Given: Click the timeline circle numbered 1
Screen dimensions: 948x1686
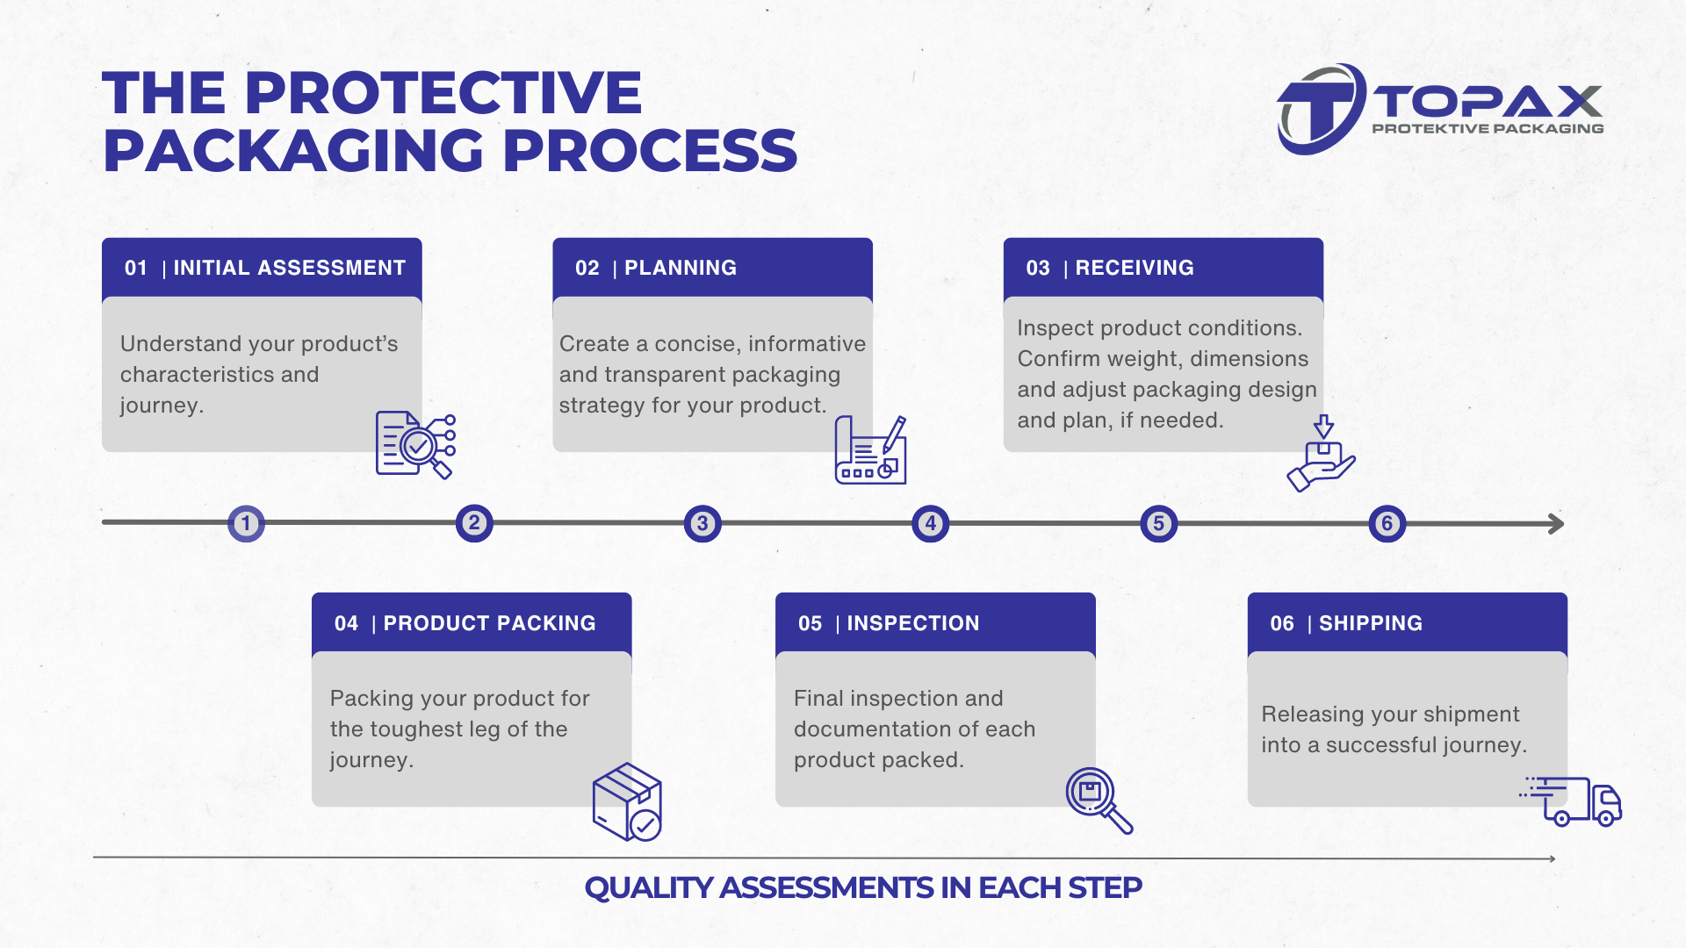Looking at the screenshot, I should [246, 524].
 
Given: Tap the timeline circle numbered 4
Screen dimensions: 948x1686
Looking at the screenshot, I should [931, 524].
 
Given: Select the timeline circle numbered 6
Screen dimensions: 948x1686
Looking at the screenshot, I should [1387, 524].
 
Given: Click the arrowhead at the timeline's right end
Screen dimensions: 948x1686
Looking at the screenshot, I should [1556, 524].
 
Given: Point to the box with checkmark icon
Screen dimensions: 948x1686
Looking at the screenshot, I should [628, 802].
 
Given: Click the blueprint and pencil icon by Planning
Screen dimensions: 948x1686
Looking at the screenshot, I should [870, 451].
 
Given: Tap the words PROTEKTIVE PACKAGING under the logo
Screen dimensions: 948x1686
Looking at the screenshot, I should [1488, 129].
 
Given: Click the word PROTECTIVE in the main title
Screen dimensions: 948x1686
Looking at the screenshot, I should [443, 93].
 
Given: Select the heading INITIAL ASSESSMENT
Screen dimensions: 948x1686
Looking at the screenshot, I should [289, 268].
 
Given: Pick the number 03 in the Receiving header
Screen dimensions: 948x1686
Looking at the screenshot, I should [1037, 268].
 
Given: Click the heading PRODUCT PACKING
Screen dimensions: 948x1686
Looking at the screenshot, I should [489, 623].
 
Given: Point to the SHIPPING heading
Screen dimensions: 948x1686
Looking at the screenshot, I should [1370, 623].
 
